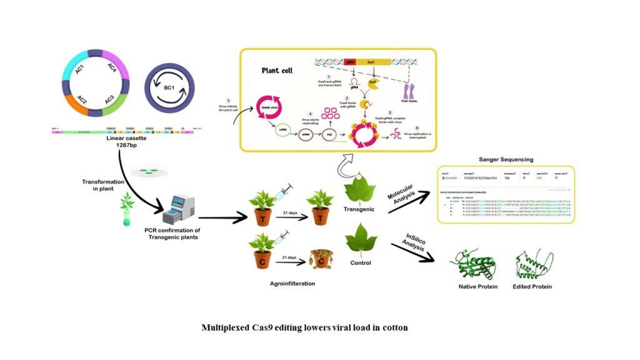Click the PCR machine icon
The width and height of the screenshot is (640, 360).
click(178, 210)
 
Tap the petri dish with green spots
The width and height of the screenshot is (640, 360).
click(149, 171)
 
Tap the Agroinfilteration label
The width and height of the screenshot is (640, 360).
click(287, 283)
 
